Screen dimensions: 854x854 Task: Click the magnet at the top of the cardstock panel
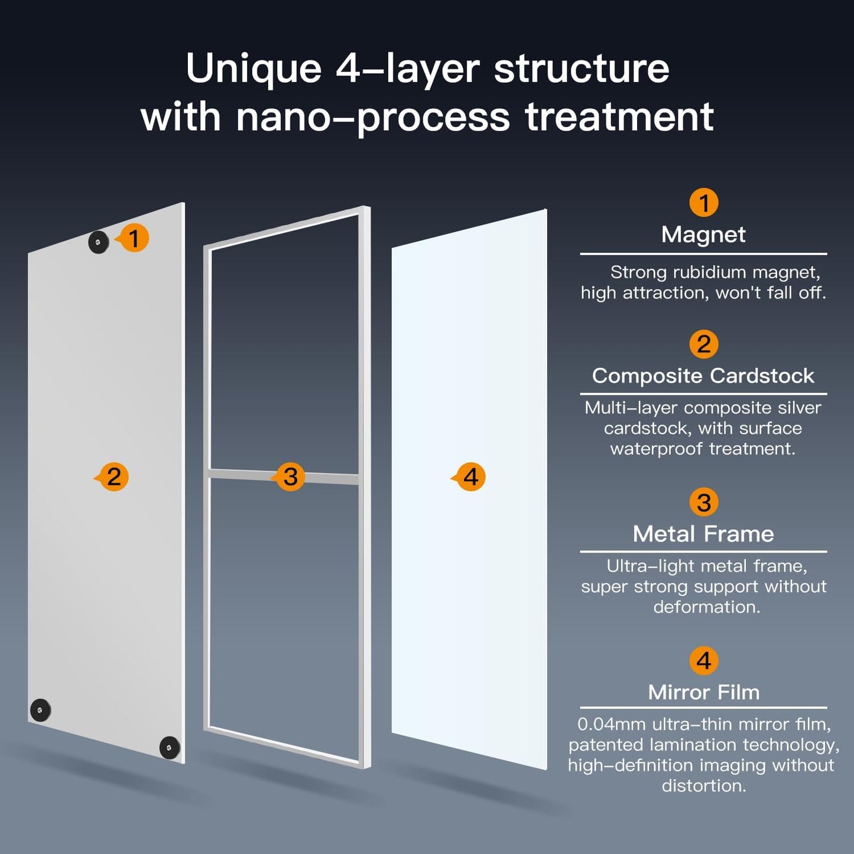(x=99, y=242)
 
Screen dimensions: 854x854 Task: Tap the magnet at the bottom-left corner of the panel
(x=40, y=710)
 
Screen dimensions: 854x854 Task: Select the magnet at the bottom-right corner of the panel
(x=170, y=748)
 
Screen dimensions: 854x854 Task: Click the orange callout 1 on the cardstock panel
(x=134, y=238)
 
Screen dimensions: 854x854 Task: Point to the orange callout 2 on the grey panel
(x=113, y=477)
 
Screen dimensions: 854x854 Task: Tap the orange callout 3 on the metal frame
(x=290, y=477)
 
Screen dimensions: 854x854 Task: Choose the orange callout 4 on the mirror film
(x=470, y=477)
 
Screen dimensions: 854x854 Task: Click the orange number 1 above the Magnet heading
(x=703, y=203)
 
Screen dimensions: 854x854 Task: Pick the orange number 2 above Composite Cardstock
(x=703, y=344)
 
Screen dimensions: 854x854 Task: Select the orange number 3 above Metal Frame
(x=703, y=502)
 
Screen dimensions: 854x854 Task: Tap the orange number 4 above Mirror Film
(x=703, y=661)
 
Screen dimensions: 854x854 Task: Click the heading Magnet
(x=703, y=235)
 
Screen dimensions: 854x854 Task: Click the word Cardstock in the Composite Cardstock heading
(x=762, y=376)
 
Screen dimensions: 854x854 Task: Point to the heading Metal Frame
(x=703, y=534)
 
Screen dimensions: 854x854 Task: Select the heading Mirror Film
(x=703, y=692)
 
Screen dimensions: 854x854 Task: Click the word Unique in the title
(x=253, y=69)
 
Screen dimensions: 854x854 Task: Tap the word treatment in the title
(x=619, y=117)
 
